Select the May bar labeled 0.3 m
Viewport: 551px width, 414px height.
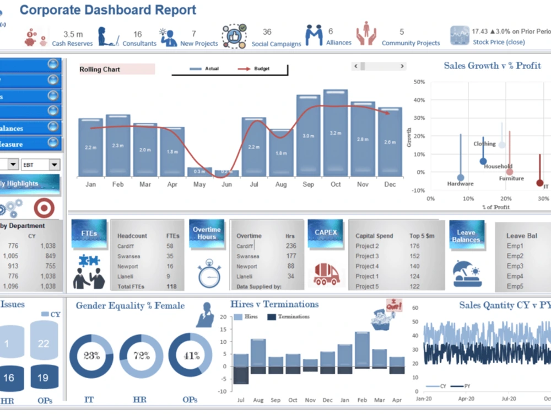coord(199,172)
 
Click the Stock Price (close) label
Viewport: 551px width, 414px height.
coord(499,43)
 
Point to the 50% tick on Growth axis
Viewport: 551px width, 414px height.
coord(419,82)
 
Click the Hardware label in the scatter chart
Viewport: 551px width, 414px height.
coord(460,184)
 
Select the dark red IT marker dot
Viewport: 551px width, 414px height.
coord(540,183)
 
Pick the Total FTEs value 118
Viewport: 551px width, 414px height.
coord(172,286)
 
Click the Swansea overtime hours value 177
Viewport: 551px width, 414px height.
coord(290,256)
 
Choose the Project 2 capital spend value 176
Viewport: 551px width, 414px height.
coord(414,246)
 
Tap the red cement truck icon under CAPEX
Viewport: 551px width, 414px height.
coord(326,273)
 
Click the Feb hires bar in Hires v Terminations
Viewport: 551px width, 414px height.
coord(362,349)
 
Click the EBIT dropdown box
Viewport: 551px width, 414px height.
coord(40,164)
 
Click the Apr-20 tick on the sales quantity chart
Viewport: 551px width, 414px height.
coord(466,398)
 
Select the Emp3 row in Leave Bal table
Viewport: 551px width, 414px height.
coord(515,266)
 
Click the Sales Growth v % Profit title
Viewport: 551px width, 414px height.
coord(492,66)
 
